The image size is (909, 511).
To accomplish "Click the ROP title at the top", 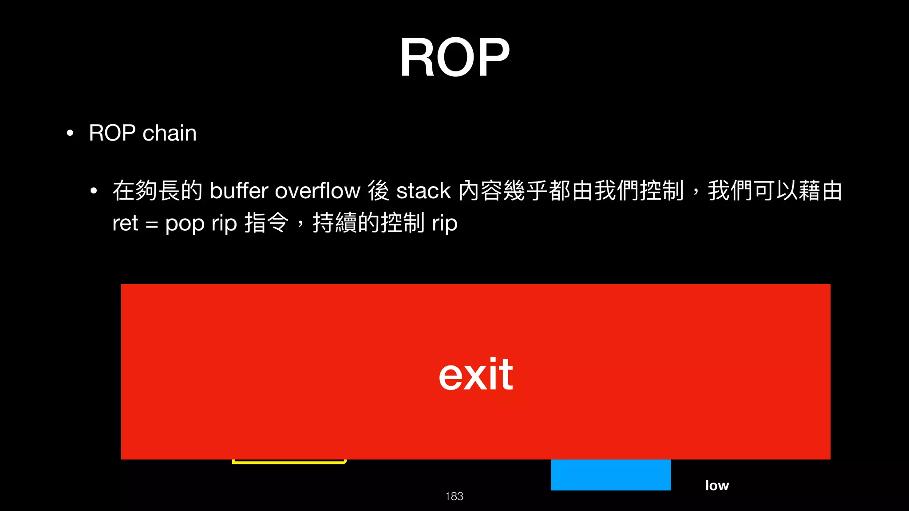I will pyautogui.click(x=454, y=58).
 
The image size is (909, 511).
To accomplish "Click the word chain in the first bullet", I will pyautogui.click(x=169, y=133).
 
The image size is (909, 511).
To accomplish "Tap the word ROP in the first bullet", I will pyautogui.click(x=112, y=133).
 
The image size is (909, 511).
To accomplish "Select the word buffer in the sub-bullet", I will pyautogui.click(x=239, y=191).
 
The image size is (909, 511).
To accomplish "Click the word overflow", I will pyautogui.click(x=317, y=191).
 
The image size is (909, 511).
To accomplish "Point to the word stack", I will pyautogui.click(x=423, y=191).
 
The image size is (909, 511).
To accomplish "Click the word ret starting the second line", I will pyautogui.click(x=125, y=223).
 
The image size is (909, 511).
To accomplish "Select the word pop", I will pyautogui.click(x=185, y=224).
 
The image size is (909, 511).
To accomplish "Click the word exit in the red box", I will pyautogui.click(x=476, y=375).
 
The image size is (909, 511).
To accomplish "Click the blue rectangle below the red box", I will pyautogui.click(x=611, y=475).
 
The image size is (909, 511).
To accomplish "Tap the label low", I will pyautogui.click(x=717, y=485).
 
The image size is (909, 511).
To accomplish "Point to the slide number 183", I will pyautogui.click(x=454, y=496).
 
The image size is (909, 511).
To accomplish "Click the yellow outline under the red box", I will pyautogui.click(x=289, y=462).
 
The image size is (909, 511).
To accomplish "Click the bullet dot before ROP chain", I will pyautogui.click(x=70, y=134).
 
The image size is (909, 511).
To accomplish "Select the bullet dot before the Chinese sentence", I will pyautogui.click(x=93, y=191).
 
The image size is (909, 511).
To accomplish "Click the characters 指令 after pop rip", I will pyautogui.click(x=267, y=223).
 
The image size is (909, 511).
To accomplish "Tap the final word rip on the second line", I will pyautogui.click(x=445, y=223).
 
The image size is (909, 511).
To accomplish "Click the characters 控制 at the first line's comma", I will pyautogui.click(x=662, y=191).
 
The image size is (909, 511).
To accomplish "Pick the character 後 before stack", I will pyautogui.click(x=379, y=191).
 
